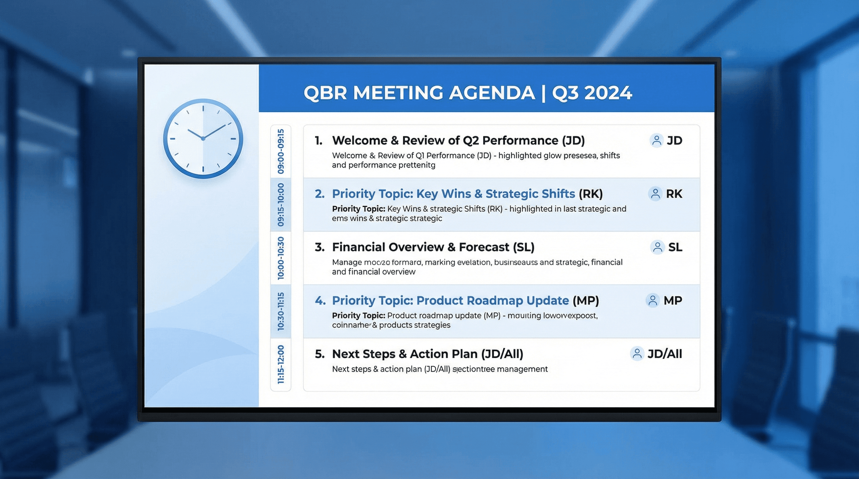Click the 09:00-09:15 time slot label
281,152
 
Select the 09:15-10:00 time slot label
281,205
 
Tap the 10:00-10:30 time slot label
281,258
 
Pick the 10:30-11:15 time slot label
281,312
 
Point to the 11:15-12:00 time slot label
281,365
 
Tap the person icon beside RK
655,194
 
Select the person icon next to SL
657,247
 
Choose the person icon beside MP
653,300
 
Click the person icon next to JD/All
637,354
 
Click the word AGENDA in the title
492,93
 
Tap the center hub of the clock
203,138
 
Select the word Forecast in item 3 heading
484,247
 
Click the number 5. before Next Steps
319,354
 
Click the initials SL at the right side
675,247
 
